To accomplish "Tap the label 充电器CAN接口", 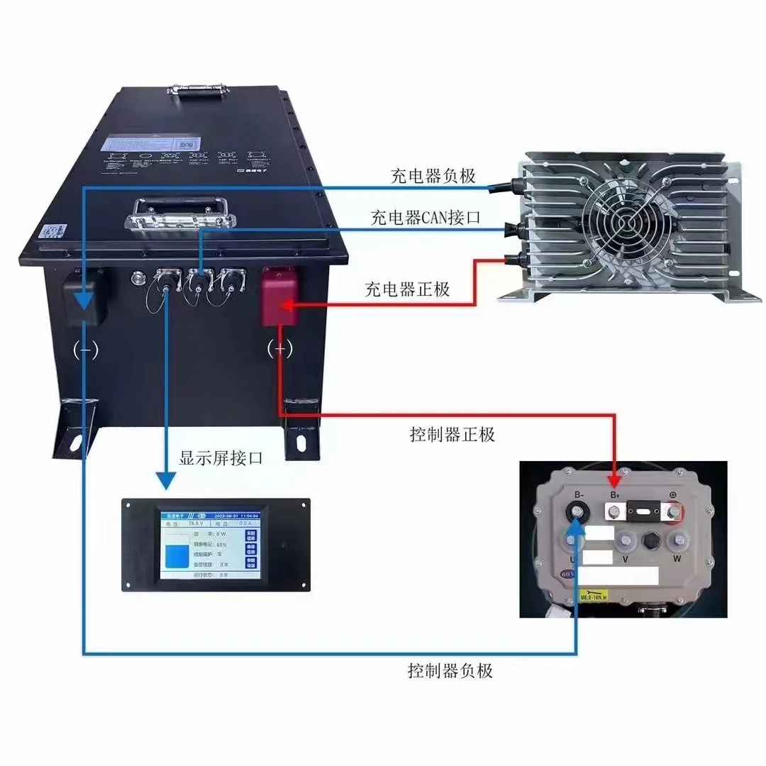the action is pyautogui.click(x=425, y=218).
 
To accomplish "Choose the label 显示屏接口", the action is pyautogui.click(x=221, y=458).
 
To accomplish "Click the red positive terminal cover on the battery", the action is pyautogui.click(x=278, y=295).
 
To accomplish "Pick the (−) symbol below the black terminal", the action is pyautogui.click(x=86, y=350).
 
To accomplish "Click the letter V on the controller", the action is pyautogui.click(x=625, y=559).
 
